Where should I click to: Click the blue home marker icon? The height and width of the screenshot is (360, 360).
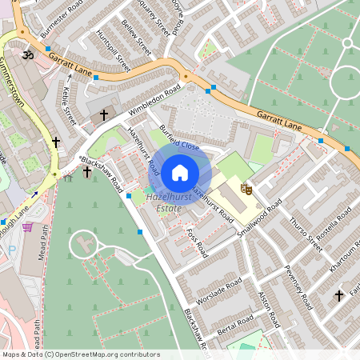pyautogui.click(x=180, y=172)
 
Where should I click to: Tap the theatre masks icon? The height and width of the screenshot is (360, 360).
pyautogui.click(x=247, y=189)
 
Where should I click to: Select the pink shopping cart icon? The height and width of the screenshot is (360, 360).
pyautogui.click(x=28, y=228)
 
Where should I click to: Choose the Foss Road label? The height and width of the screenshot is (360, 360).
pyautogui.click(x=196, y=242)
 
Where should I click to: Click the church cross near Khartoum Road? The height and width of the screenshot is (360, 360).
pyautogui.click(x=338, y=296)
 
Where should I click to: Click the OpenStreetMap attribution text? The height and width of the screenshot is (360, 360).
pyautogui.click(x=80, y=354)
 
